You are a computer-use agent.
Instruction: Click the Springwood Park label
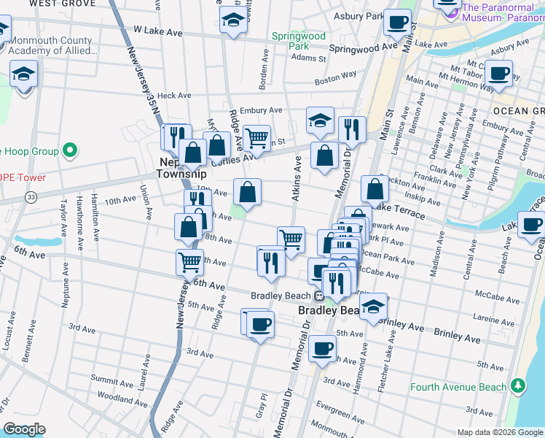298,40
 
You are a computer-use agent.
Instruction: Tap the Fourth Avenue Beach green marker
517,385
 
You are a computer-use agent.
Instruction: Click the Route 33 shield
31,198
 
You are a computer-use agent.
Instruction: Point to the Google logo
24,429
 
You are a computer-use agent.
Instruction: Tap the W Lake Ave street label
157,32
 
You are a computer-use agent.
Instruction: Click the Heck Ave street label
173,95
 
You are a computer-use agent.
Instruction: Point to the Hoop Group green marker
70,152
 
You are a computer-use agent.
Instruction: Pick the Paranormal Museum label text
503,12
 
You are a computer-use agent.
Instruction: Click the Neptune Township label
182,169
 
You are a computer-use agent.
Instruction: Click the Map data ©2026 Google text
499,432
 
